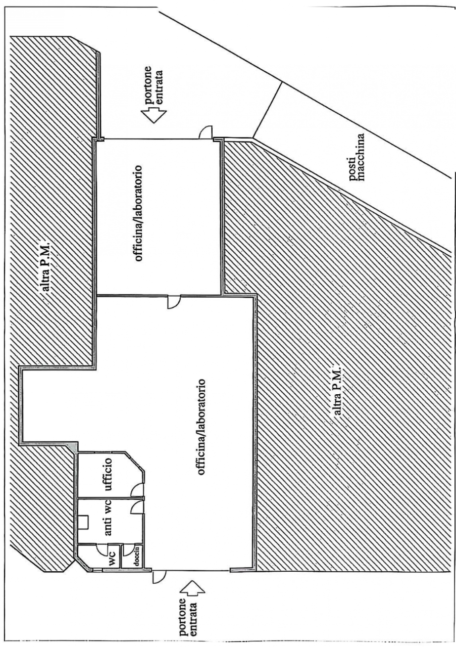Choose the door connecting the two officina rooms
[174, 302]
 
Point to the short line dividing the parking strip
[267, 110]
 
